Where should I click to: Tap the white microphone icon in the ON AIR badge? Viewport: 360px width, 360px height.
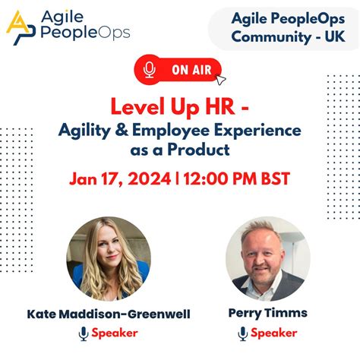149,71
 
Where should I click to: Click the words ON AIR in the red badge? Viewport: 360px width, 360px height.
190,71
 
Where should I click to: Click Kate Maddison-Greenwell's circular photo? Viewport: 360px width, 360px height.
109,258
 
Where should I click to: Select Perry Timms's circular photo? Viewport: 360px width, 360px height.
268,258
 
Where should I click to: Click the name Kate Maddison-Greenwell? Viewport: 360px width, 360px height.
109,312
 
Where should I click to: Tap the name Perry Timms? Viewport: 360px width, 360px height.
268,312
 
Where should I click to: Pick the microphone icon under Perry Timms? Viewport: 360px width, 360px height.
243,333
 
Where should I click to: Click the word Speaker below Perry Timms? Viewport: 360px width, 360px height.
274,333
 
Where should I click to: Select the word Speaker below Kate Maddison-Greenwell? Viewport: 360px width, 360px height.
115,333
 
